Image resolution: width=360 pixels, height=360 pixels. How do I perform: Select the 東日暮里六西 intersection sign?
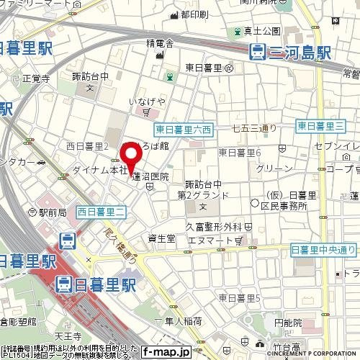[184, 130]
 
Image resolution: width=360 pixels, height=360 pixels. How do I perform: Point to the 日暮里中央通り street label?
[323, 249]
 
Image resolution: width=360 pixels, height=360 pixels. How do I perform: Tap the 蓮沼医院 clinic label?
[150, 176]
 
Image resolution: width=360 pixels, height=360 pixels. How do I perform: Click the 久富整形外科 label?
[215, 225]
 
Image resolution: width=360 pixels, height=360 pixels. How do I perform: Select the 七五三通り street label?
[254, 129]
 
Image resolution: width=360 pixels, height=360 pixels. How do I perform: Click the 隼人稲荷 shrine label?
[174, 322]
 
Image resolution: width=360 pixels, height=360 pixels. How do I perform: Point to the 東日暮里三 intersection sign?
[319, 126]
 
